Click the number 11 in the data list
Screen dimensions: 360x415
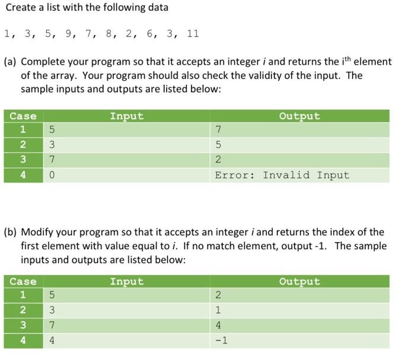(193, 33)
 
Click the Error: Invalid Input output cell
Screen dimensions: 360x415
(282, 175)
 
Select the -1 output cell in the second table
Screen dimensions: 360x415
(221, 340)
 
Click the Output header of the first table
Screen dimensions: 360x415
(299, 116)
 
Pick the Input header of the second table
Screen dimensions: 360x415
(126, 282)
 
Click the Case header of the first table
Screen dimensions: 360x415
(23, 116)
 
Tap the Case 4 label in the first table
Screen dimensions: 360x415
(23, 175)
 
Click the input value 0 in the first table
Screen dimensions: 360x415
(52, 175)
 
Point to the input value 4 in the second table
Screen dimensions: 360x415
(52, 340)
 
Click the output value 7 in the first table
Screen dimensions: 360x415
(218, 129)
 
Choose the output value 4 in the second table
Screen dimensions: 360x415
(218, 325)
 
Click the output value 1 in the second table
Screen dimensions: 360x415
(218, 310)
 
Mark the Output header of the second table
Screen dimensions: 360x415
(299, 282)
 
